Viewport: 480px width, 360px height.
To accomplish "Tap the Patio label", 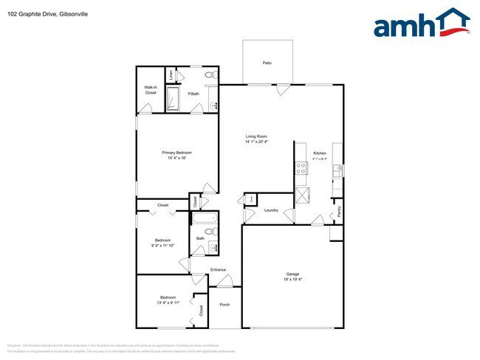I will [x=267, y=63].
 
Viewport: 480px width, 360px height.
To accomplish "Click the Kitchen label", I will [x=320, y=153].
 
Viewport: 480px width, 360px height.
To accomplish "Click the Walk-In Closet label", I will [x=151, y=90].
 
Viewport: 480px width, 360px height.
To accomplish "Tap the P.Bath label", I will [x=193, y=94].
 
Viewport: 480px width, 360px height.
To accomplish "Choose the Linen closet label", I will [x=171, y=75].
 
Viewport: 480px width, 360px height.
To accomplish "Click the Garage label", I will [x=292, y=275].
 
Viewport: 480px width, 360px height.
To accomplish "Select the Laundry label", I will [x=271, y=210].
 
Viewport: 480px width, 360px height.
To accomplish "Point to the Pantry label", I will [x=339, y=211].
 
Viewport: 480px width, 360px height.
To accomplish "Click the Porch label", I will [x=224, y=305].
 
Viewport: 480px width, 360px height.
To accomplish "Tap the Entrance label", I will [x=218, y=269].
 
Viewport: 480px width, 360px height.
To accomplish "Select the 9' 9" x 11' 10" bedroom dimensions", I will [x=162, y=245].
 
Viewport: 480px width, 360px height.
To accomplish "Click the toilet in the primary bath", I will [x=210, y=75].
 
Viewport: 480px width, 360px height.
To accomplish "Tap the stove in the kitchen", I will [x=301, y=168].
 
